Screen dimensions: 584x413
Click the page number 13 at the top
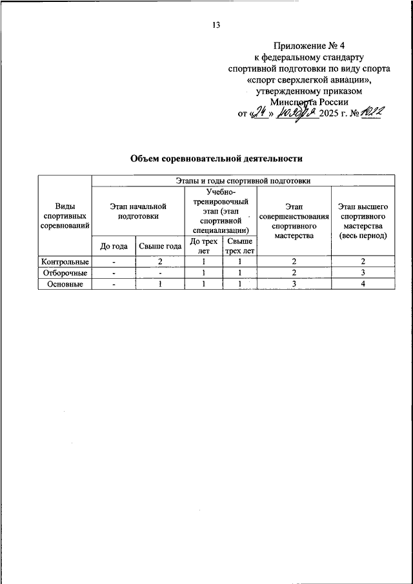[216, 25]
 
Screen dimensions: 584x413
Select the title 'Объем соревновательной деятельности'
[216, 158]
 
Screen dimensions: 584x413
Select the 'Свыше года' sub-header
[160, 246]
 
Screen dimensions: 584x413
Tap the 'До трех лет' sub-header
[204, 246]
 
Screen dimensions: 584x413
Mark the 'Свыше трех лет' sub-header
[239, 246]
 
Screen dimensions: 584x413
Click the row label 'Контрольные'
[65, 262]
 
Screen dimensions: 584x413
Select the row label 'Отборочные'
[65, 273]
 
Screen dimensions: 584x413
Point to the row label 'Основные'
[65, 285]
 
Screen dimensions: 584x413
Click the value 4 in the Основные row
[363, 285]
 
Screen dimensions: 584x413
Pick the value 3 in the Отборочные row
[363, 273]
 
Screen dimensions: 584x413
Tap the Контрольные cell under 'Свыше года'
[160, 262]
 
